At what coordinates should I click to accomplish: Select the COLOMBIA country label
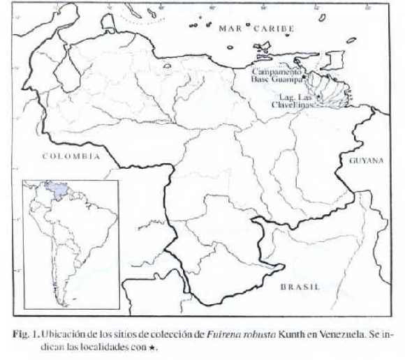coord(71,156)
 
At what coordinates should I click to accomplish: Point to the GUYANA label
coord(367,160)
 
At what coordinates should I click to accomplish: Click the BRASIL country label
coord(300,287)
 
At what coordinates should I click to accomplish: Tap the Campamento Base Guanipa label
coord(277,75)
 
